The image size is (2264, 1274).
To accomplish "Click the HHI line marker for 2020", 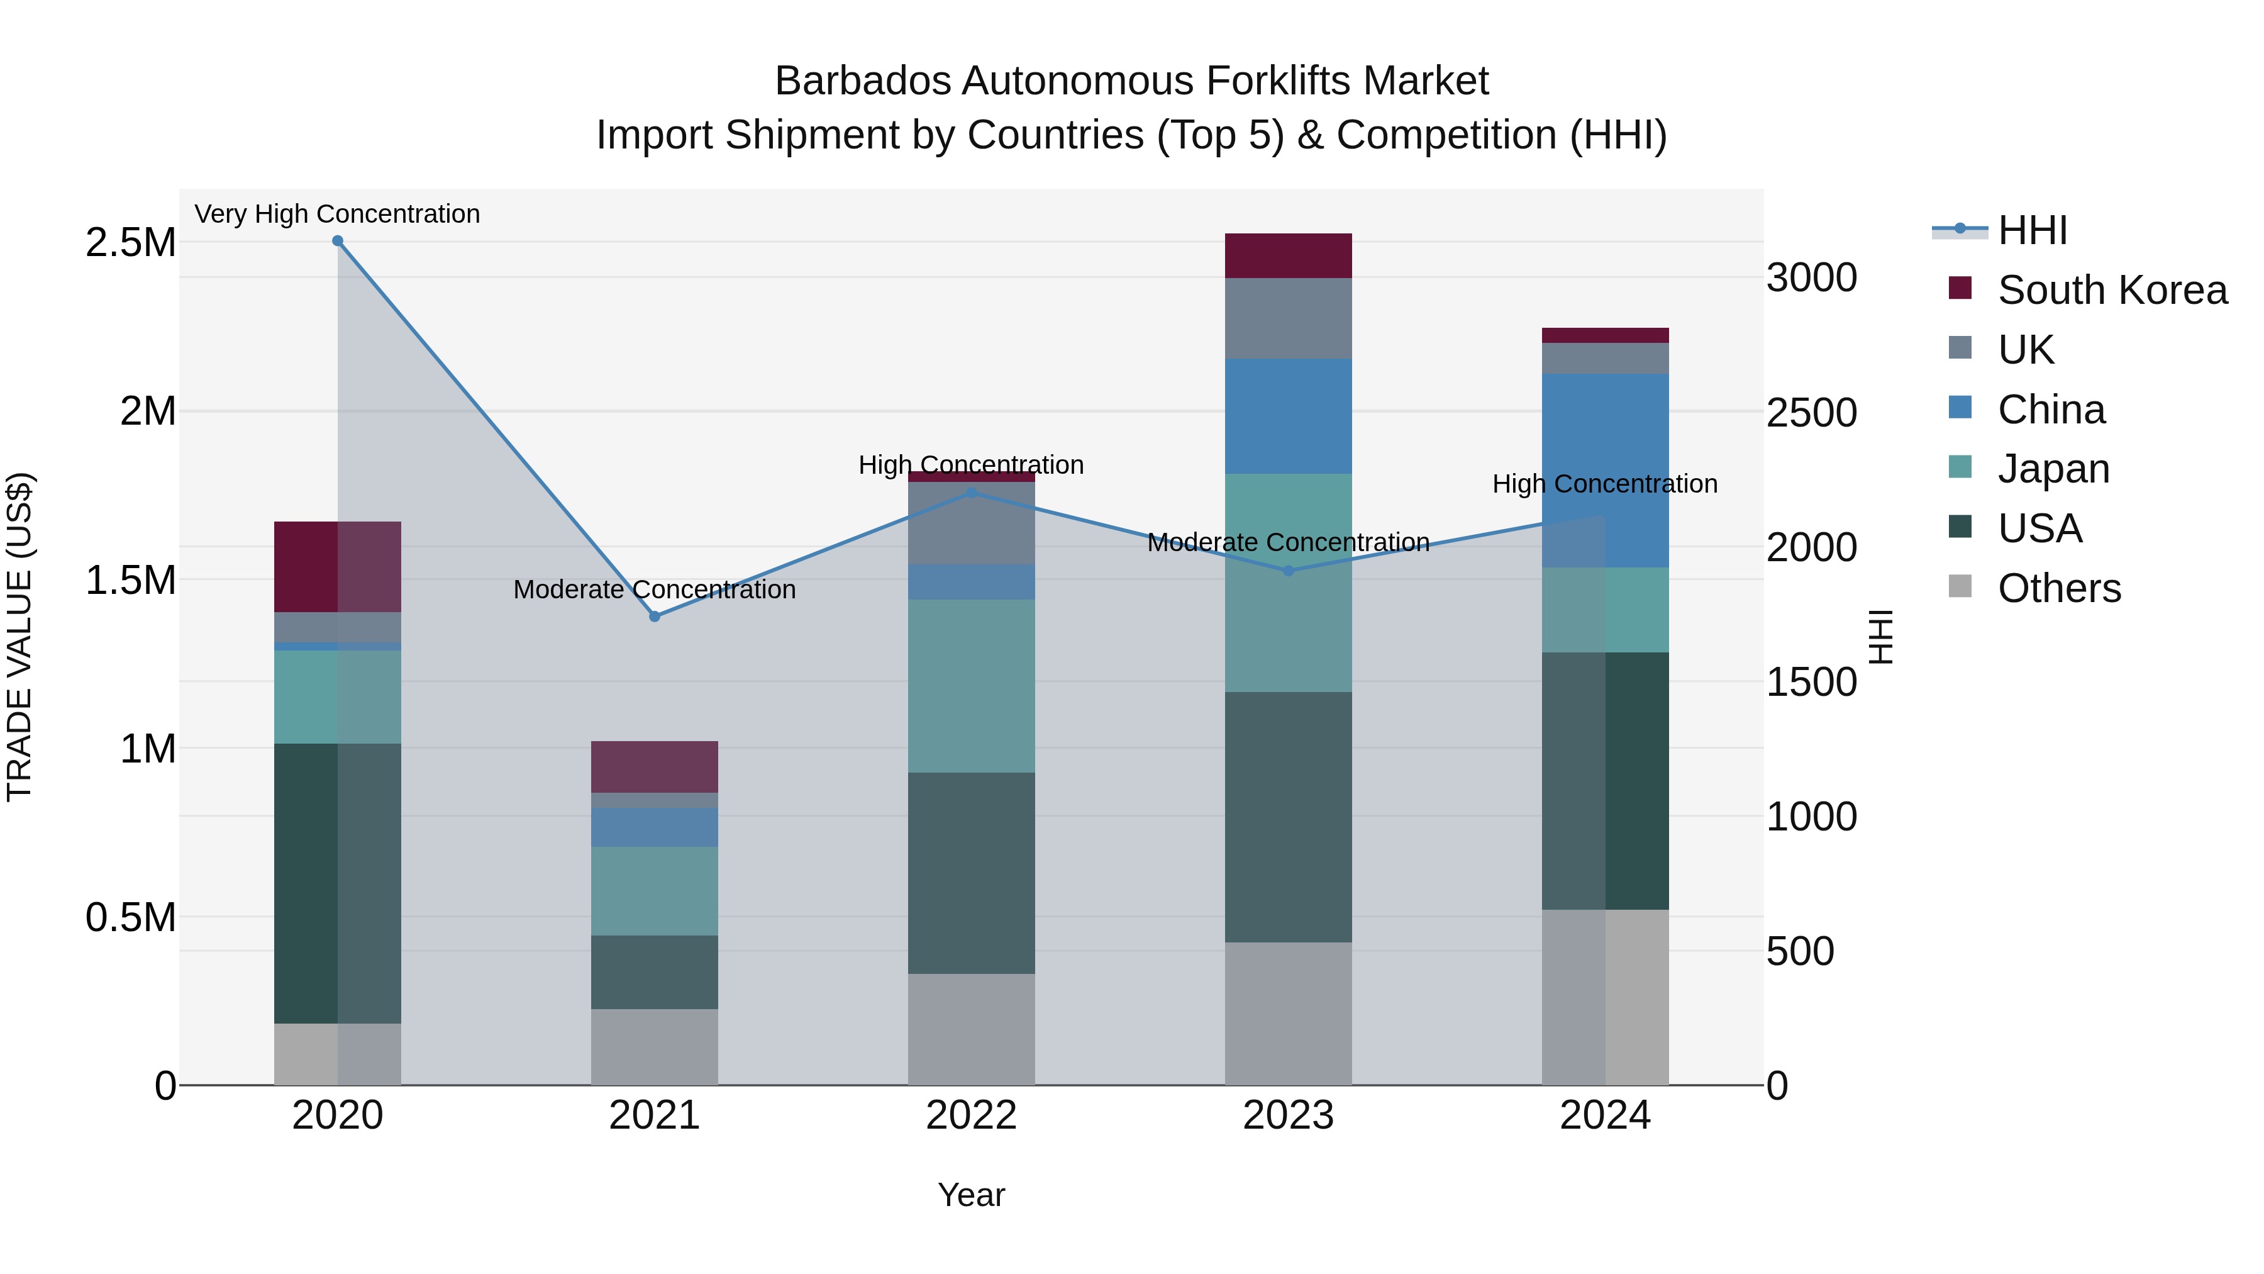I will [x=338, y=241].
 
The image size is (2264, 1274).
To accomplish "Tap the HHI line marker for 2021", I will [x=655, y=617].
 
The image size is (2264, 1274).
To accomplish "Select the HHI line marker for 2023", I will [x=1289, y=571].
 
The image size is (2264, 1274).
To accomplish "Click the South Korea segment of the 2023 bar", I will [x=1289, y=256].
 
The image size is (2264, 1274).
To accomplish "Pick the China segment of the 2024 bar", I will [x=1606, y=471].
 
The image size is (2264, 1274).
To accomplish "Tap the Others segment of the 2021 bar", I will [x=655, y=1046].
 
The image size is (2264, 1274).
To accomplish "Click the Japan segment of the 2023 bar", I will [x=1289, y=583].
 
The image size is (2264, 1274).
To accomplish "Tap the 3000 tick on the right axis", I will [x=1812, y=278].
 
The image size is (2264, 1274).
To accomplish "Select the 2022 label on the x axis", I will [x=971, y=1115].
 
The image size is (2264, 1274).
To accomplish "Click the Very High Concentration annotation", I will [x=338, y=214].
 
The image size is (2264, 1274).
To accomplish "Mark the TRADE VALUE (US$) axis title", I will [x=19, y=637].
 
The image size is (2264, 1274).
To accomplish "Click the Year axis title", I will [x=971, y=1195].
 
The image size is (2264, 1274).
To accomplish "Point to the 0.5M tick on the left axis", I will [x=131, y=917].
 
